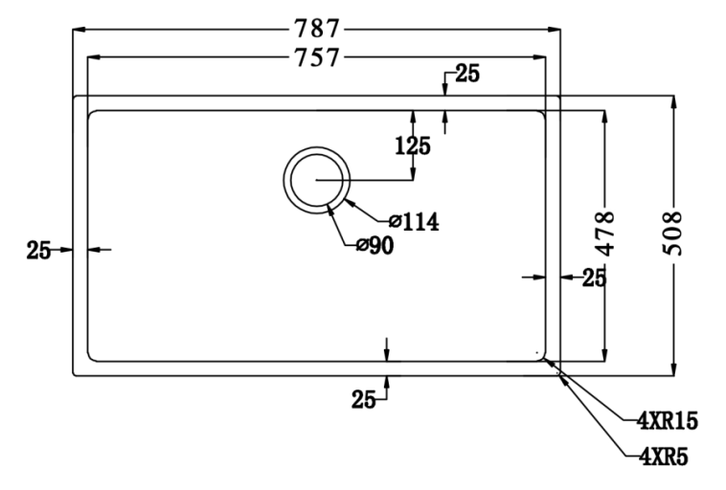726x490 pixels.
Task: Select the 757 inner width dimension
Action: tap(317, 57)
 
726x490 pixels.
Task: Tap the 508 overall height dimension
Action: tap(675, 233)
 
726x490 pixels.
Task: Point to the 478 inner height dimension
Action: tap(604, 233)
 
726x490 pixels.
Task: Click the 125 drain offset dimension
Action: tap(413, 145)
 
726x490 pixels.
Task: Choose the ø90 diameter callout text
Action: tap(374, 246)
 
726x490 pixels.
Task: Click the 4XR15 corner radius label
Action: tap(668, 420)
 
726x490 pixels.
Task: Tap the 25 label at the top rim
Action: tap(467, 74)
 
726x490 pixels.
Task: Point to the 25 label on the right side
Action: tap(595, 278)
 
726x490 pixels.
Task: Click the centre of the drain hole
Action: tap(316, 180)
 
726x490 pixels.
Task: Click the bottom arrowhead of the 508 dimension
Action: tap(675, 370)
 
